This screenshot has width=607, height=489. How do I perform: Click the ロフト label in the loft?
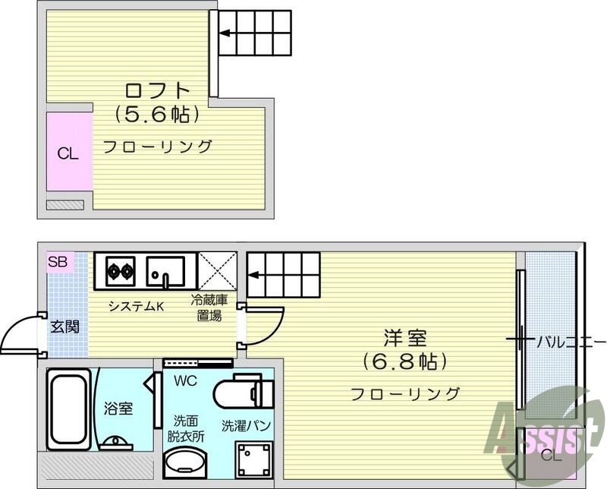coord(158,90)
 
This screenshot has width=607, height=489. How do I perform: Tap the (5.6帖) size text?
coord(157,114)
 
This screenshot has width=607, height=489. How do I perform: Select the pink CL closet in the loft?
coord(69,152)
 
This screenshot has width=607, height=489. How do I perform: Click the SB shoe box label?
coord(58,262)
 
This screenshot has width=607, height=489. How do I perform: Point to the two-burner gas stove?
coord(120,271)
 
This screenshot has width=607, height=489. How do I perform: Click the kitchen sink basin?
coord(165,271)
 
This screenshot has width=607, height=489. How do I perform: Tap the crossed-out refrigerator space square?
coord(217,271)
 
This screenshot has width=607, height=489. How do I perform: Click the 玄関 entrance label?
coord(65,327)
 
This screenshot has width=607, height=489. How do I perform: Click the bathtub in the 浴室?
coord(69,409)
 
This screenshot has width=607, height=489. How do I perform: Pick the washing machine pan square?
coord(254,459)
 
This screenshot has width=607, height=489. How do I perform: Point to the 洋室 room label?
coord(405,338)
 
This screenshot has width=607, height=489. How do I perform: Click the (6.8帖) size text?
coord(405,361)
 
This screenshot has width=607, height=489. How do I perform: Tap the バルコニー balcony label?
coord(571,342)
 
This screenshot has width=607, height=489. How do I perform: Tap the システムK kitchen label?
coord(137,307)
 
